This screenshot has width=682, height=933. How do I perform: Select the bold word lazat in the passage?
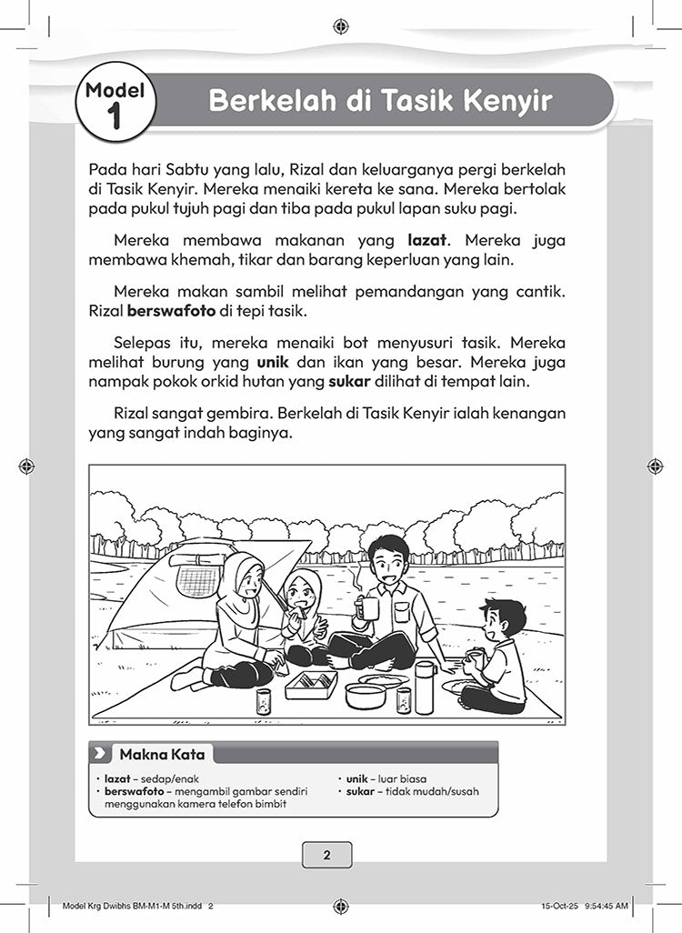429,241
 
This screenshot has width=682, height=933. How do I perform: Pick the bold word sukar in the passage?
344,379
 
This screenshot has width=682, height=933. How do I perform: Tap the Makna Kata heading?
162,754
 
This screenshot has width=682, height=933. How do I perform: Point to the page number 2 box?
326,854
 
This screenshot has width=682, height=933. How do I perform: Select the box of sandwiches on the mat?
311,683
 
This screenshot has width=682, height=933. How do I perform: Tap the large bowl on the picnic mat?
366,696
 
